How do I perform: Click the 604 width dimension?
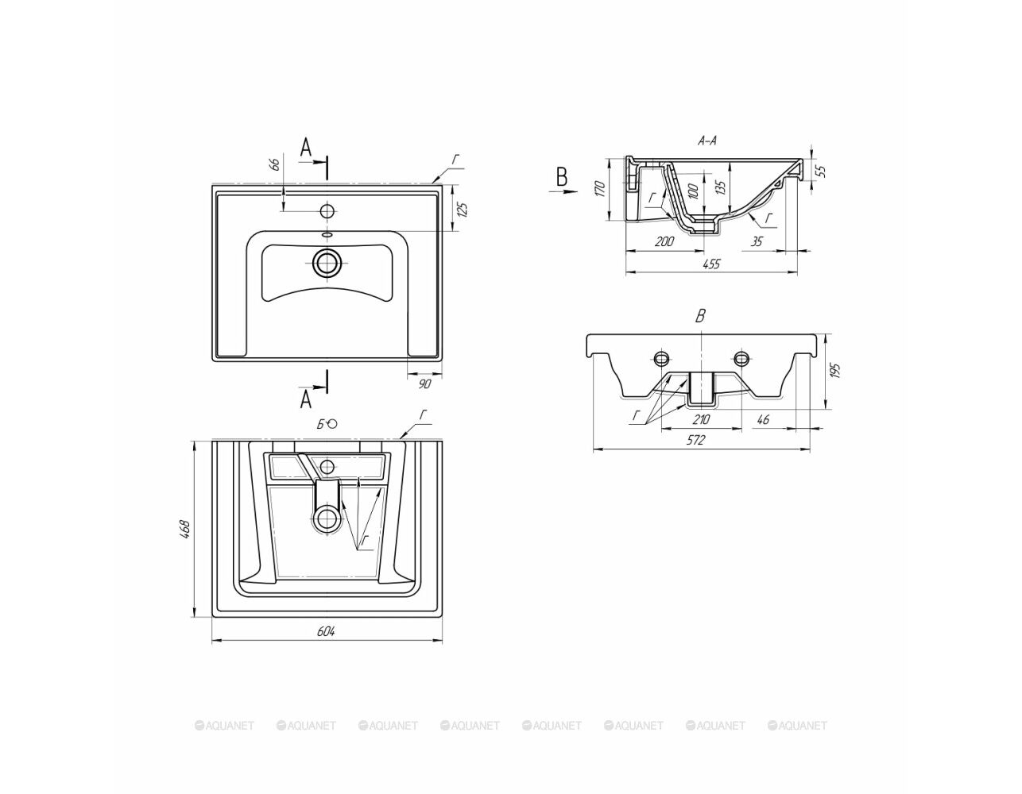[x=326, y=631]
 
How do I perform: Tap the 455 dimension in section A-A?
[x=711, y=264]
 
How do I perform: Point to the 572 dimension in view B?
[x=696, y=440]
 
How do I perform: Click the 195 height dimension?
[x=834, y=370]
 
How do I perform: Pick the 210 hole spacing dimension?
[x=701, y=418]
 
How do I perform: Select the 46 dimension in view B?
[x=764, y=418]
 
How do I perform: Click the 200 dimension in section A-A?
[x=664, y=241]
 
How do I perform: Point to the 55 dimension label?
[x=821, y=171]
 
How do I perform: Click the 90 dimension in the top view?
[x=424, y=384]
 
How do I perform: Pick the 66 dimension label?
[x=275, y=164]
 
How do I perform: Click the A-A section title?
[x=706, y=141]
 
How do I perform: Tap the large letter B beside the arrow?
[x=562, y=177]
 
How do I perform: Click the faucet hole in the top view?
[x=327, y=210]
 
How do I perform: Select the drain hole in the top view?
[x=327, y=262]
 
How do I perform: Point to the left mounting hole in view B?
[x=661, y=358]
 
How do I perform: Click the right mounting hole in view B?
[x=741, y=358]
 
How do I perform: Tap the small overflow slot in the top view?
[x=327, y=234]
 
